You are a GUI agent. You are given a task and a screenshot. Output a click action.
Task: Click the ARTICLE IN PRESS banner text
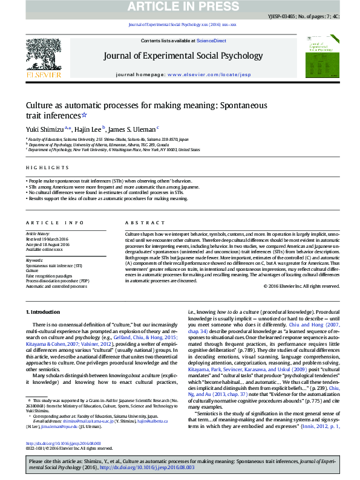click(180, 7)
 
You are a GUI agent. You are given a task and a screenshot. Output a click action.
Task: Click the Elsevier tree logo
click(43, 56)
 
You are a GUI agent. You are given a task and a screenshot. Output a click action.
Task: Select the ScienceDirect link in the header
click(211, 41)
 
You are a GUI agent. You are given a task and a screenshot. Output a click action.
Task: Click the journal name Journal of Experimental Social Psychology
click(180, 56)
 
